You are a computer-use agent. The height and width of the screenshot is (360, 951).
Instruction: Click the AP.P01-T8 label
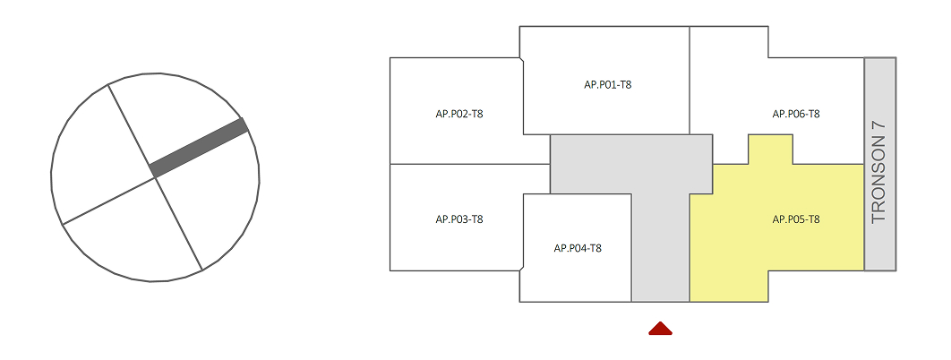tap(608, 85)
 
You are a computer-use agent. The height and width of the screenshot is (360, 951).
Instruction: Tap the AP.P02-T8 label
tap(459, 114)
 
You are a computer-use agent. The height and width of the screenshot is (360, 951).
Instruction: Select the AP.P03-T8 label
tap(459, 219)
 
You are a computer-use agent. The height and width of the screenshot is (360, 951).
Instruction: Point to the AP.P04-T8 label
tap(578, 248)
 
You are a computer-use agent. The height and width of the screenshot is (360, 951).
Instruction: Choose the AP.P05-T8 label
tap(796, 219)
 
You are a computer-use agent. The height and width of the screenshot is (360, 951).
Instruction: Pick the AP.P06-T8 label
tap(796, 114)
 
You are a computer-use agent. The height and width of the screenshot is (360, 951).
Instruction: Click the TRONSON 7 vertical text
tap(878, 172)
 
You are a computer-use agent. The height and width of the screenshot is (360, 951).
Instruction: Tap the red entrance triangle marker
tap(660, 329)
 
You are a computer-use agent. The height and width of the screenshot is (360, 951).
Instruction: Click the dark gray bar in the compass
tap(199, 148)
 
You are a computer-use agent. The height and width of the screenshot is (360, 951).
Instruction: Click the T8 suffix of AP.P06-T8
tap(813, 114)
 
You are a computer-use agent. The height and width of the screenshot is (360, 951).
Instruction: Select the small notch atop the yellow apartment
tap(770, 150)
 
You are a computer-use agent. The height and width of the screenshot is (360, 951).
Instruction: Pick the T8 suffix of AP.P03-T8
tap(476, 219)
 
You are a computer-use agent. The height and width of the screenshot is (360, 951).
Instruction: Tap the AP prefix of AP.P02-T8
tap(441, 114)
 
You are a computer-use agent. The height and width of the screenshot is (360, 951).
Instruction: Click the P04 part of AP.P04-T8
tap(578, 248)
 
